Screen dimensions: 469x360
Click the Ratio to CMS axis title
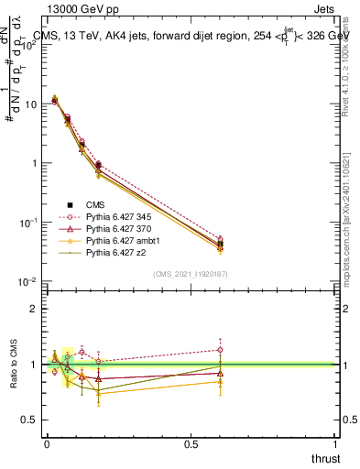coord(13,365)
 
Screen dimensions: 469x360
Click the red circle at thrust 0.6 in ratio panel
coord(220,349)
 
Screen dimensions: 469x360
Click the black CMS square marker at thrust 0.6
coord(220,244)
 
